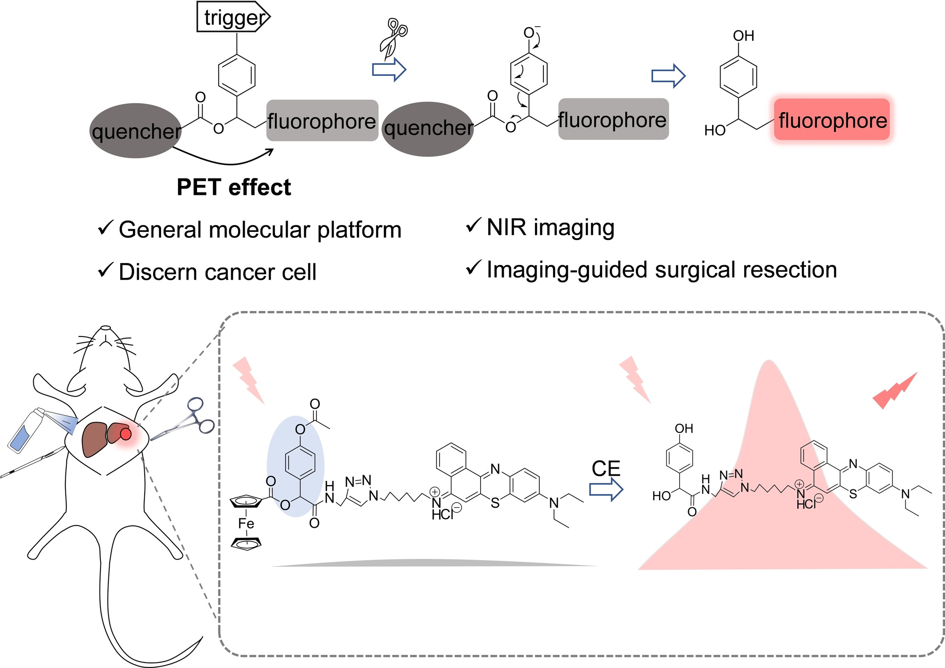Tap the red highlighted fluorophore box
[x=832, y=120]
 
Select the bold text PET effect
[x=234, y=187]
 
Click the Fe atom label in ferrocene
[x=246, y=524]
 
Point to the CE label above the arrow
[x=606, y=469]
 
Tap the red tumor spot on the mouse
[x=126, y=433]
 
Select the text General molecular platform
[x=260, y=230]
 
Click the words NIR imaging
[x=551, y=228]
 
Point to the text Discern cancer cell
[x=218, y=272]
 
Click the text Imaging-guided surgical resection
[x=662, y=270]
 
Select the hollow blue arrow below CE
[x=606, y=490]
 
